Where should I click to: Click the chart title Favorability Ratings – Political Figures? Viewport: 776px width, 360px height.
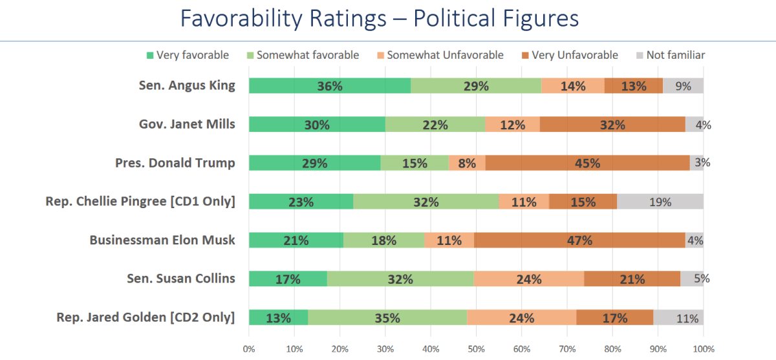coord(380,19)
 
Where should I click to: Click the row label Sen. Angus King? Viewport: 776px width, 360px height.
coord(187,86)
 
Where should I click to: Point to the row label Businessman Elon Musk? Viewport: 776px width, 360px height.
coord(162,240)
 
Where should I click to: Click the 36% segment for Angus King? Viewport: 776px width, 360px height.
coord(329,86)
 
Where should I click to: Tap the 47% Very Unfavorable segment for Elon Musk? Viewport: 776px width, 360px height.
coord(579,240)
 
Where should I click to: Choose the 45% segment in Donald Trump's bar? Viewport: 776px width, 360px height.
coord(587,163)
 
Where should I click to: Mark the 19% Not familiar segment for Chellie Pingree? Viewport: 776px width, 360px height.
coord(660,202)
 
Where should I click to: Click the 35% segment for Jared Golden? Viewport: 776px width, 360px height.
coord(387,317)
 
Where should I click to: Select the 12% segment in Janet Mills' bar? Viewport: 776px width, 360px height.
coord(512,125)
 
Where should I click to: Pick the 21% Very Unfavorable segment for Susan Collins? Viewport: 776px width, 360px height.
coord(632,279)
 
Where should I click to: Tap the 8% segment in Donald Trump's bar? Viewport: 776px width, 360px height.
coord(467,163)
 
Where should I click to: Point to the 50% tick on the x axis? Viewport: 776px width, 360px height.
coord(476,349)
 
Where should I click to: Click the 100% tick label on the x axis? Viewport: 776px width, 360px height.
coord(703,349)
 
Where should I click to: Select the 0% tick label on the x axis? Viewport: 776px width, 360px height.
coord(249,349)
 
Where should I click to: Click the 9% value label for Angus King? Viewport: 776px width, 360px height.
coord(683,86)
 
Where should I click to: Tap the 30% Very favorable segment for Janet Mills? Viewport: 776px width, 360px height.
coord(317,125)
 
